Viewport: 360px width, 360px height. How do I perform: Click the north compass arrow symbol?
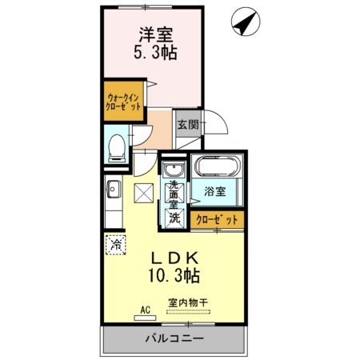[x=246, y=22]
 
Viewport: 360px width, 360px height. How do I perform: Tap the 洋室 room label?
[x=156, y=34]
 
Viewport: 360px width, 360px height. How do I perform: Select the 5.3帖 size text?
[x=155, y=53]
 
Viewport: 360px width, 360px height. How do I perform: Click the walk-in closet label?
[x=123, y=102]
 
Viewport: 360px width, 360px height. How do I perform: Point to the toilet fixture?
[x=117, y=148]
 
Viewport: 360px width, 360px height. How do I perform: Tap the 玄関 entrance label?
[x=188, y=124]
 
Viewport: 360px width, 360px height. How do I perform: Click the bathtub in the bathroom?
[x=218, y=166]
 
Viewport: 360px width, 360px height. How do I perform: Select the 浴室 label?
[x=215, y=191]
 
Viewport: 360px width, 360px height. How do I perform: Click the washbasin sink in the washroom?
[x=174, y=169]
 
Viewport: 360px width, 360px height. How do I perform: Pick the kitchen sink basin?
[x=114, y=189]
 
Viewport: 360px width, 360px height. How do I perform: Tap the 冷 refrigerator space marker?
[x=116, y=244]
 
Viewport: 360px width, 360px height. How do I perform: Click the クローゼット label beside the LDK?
[x=217, y=220]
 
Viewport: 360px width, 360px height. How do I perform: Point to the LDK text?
[x=174, y=258]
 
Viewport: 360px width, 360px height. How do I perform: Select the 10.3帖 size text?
[x=174, y=275]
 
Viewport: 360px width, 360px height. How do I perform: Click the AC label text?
[x=146, y=310]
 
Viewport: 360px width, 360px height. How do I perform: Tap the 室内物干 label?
[x=188, y=303]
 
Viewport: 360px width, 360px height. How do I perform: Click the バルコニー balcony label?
[x=174, y=338]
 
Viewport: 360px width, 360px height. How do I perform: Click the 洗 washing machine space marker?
[x=175, y=218]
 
